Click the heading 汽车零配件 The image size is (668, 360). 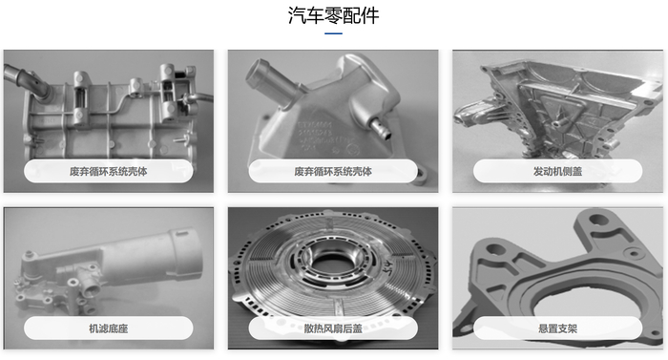click(333, 16)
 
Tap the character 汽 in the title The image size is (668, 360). click(297, 16)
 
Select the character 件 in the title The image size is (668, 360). click(370, 16)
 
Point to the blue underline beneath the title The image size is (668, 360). click(334, 33)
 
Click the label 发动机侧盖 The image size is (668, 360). click(557, 172)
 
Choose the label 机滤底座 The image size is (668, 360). click(108, 328)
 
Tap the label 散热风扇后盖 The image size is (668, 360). click(333, 328)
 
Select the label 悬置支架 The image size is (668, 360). click(557, 328)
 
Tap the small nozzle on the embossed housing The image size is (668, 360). click(382, 129)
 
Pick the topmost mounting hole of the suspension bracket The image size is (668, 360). click(597, 220)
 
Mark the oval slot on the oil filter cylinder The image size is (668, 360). click(181, 233)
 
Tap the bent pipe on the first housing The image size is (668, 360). click(26, 81)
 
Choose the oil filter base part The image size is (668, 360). click(109, 268)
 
